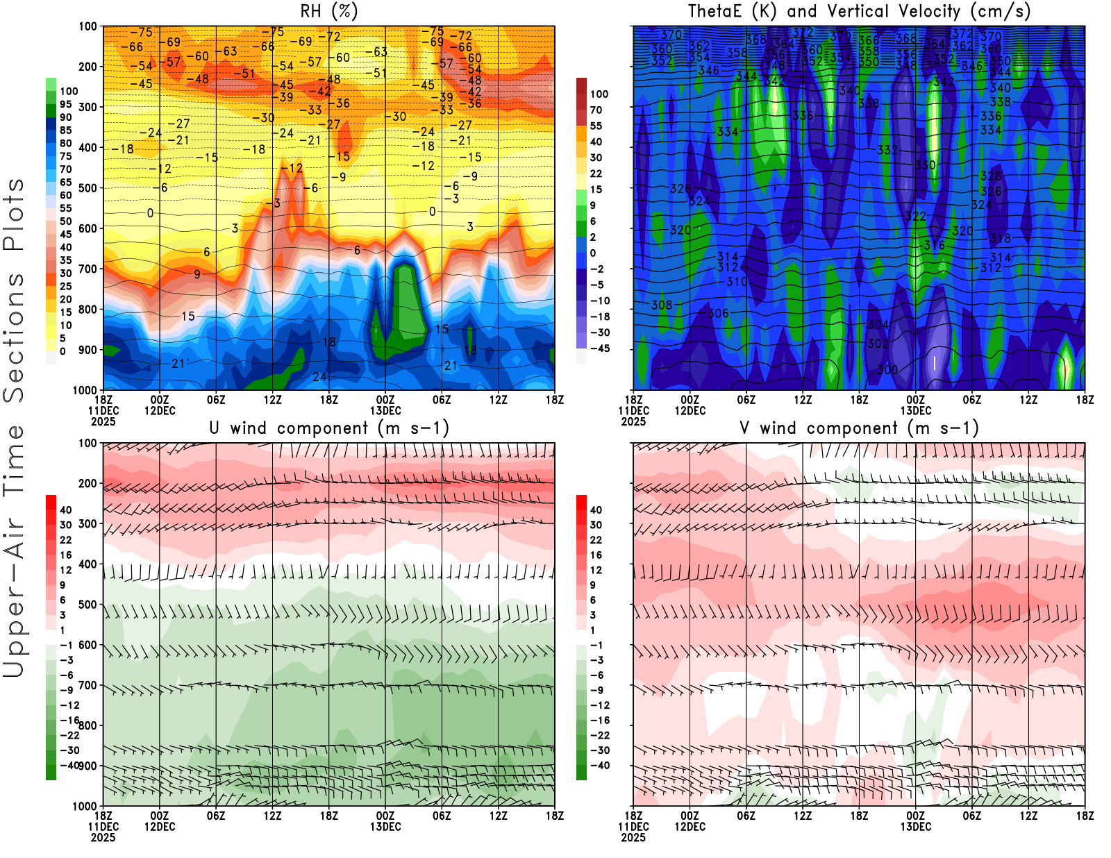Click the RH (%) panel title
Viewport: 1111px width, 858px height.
click(x=328, y=11)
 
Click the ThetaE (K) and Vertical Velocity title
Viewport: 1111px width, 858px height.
click(x=859, y=11)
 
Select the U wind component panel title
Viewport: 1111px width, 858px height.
click(x=329, y=428)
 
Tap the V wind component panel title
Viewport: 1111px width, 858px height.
click(x=859, y=428)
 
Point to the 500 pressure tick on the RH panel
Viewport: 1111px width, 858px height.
click(x=88, y=188)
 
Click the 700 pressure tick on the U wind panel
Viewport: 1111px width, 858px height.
click(x=88, y=685)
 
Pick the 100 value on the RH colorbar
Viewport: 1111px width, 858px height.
click(x=69, y=91)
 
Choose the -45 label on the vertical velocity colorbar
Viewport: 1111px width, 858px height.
click(x=600, y=348)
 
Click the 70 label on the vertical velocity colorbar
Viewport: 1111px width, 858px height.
click(x=596, y=110)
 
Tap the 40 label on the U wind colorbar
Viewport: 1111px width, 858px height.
click(x=65, y=510)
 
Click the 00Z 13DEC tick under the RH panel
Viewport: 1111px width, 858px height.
click(x=385, y=405)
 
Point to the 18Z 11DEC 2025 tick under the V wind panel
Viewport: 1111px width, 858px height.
click(x=633, y=826)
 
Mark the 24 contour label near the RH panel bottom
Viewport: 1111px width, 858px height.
click(x=319, y=377)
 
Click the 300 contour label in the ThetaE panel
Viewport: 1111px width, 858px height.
click(x=887, y=369)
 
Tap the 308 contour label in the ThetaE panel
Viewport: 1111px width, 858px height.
click(x=662, y=305)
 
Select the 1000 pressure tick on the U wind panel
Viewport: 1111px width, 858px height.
click(x=85, y=806)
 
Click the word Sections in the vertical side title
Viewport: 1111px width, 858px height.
click(x=14, y=337)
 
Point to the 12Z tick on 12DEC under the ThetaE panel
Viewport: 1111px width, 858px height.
click(x=803, y=400)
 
